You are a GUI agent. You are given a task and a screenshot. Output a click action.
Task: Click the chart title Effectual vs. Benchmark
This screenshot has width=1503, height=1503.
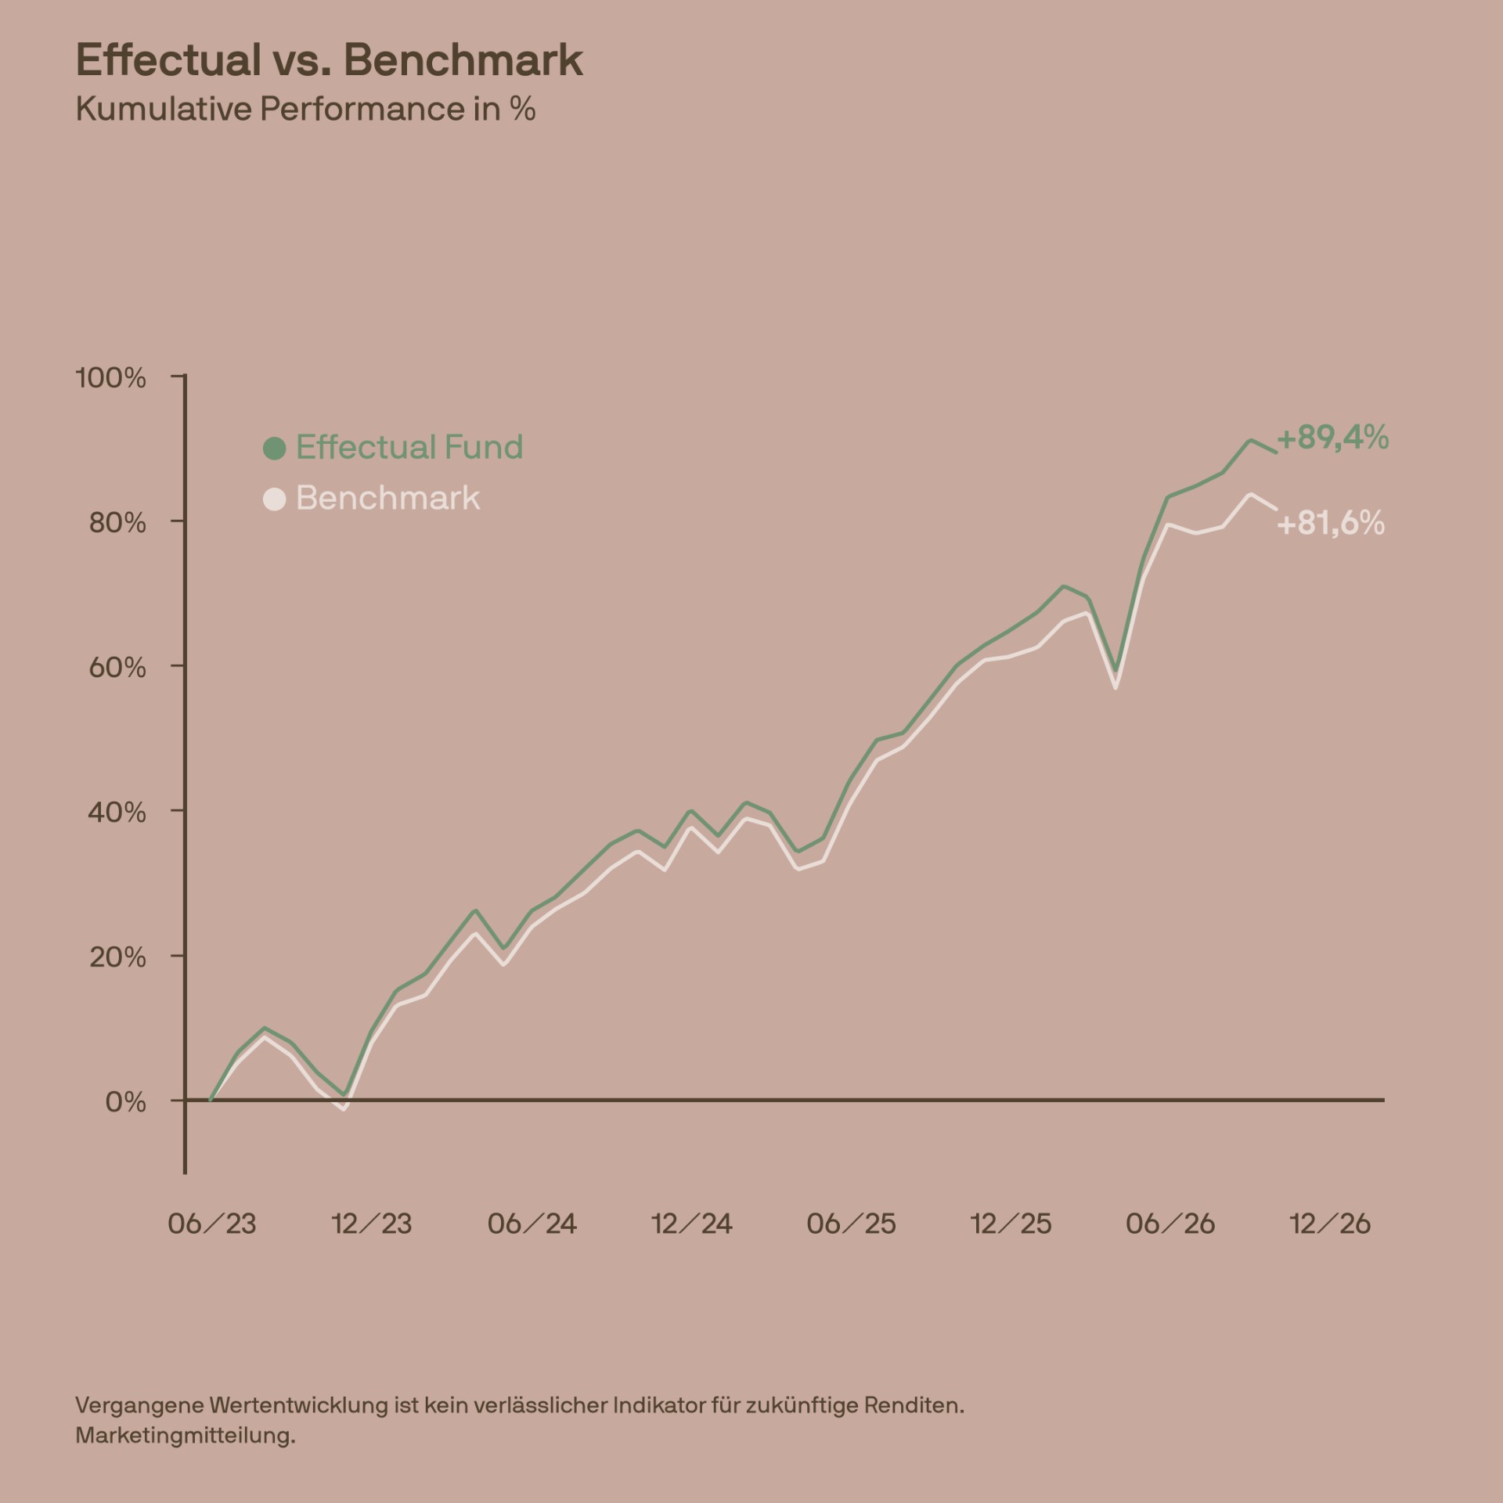[x=330, y=59]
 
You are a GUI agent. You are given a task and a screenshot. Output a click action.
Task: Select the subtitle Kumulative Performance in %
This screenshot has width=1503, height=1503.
[x=305, y=109]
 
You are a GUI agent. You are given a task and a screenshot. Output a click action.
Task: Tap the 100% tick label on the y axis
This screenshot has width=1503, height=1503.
[x=111, y=378]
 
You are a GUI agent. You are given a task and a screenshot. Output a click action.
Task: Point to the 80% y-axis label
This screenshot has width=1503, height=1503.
[x=117, y=523]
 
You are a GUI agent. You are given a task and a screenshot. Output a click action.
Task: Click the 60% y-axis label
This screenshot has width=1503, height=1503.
[x=117, y=668]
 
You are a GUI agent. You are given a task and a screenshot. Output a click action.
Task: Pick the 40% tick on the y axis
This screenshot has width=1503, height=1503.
[x=117, y=813]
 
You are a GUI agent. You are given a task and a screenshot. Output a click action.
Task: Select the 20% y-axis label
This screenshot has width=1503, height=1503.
[x=117, y=957]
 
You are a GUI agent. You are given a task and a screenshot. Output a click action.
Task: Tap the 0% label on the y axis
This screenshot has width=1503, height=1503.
[x=125, y=1102]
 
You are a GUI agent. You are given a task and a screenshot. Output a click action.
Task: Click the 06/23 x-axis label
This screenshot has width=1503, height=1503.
[x=212, y=1224]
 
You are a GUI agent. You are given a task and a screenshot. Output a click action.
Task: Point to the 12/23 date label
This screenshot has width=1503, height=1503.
[x=372, y=1224]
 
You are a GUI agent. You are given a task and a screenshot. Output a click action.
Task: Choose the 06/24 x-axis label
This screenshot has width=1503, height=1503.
[x=532, y=1224]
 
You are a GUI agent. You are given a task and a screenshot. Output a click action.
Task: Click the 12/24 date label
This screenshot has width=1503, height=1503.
[x=692, y=1224]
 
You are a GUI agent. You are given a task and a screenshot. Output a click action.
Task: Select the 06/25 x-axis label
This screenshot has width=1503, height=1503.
[x=852, y=1224]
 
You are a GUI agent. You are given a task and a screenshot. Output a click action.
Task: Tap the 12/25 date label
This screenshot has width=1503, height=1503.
[x=1011, y=1224]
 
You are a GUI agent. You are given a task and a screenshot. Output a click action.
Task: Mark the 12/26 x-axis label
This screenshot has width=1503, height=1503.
[x=1331, y=1224]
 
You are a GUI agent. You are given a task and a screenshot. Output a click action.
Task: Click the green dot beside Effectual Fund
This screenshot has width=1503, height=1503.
[x=275, y=449]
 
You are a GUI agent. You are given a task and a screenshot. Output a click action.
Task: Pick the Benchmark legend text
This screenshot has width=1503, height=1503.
[x=388, y=498]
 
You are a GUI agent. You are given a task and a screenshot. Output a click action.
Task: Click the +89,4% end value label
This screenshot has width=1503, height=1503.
[x=1333, y=437]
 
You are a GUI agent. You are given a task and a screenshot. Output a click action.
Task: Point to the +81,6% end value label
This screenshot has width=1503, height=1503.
[x=1331, y=523]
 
